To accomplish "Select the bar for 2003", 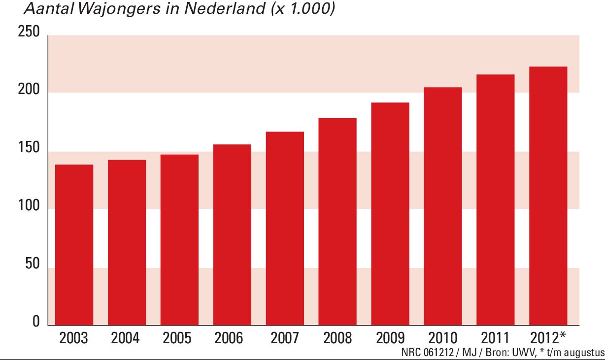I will point(74,245).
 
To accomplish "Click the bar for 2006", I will point(232,235).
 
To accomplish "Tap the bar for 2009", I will point(390,214).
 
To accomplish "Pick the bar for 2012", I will point(548,196).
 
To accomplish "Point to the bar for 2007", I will point(285,229).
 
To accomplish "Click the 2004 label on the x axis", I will point(126,338).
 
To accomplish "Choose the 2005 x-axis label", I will point(178,338).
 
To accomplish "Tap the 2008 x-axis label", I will point(337,338).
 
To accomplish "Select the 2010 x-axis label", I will point(442,338).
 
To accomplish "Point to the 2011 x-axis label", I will point(495,338).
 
